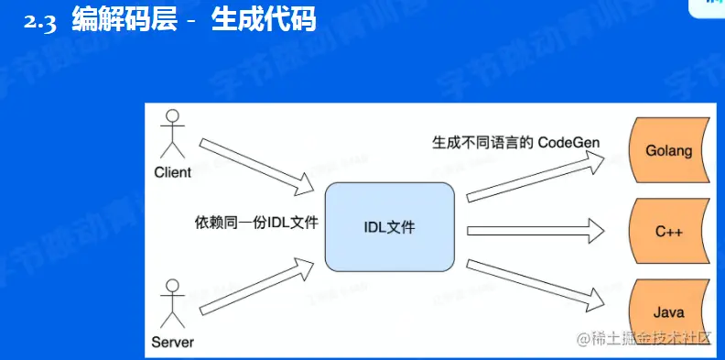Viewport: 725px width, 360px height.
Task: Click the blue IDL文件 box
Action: click(x=390, y=226)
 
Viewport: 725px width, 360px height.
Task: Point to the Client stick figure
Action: click(x=171, y=135)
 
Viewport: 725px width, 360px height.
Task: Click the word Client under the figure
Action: click(x=172, y=172)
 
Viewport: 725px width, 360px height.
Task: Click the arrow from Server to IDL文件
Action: click(x=258, y=290)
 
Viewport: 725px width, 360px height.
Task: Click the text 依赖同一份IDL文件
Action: click(x=255, y=222)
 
